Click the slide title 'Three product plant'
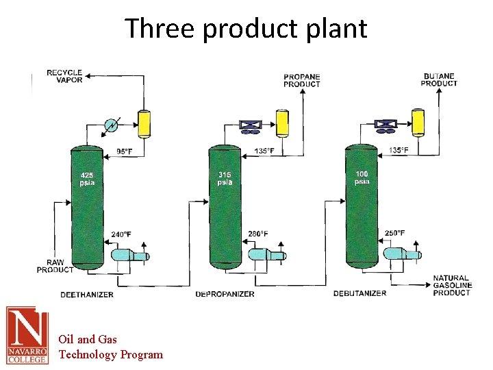[246, 29]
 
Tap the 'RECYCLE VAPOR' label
[64, 76]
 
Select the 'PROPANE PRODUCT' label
[302, 80]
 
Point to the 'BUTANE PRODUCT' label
[439, 79]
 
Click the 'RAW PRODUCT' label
[55, 266]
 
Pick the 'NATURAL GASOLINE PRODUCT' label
[451, 286]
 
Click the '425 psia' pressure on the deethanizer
[87, 180]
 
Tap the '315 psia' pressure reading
[225, 179]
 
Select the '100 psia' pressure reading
[362, 178]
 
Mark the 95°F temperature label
[125, 151]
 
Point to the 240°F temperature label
[121, 235]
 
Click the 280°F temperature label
[258, 234]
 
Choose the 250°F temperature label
[394, 234]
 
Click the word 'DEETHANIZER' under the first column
[87, 295]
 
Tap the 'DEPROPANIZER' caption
[225, 294]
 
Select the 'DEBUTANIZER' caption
[360, 293]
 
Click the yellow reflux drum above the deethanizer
[144, 123]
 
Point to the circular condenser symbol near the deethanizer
[110, 125]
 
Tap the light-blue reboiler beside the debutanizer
[401, 255]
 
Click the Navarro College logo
[27, 334]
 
